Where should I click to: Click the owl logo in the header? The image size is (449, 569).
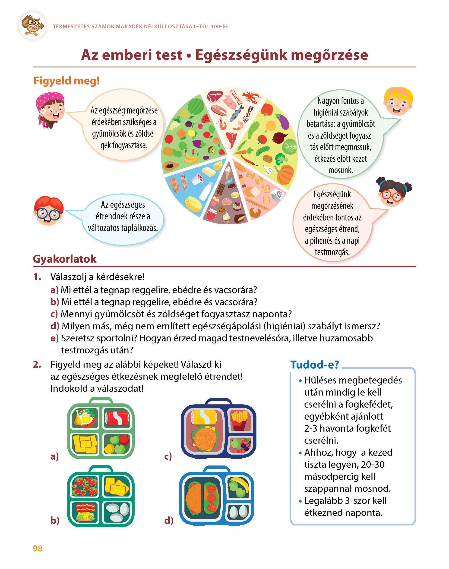[33, 25]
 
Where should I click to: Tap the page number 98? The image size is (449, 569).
[38, 549]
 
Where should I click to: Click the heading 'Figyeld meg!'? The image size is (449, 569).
[66, 81]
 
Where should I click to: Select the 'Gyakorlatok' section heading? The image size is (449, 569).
[65, 259]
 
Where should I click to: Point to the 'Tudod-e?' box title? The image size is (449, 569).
[314, 365]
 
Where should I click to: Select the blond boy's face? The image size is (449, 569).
[398, 102]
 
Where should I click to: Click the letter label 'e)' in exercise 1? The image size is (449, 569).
[54, 338]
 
